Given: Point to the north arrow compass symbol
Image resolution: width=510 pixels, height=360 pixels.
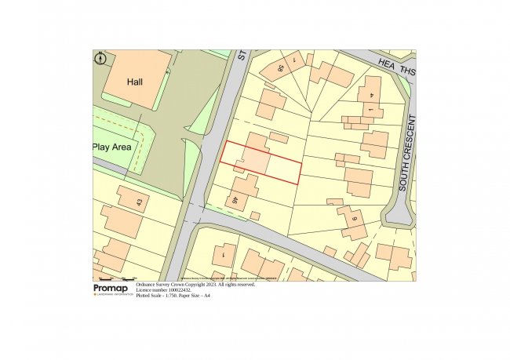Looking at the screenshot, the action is [x=100, y=58].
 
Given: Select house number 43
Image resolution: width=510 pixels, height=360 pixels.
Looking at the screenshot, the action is [x=140, y=204].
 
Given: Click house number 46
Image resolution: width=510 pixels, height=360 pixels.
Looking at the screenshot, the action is [x=234, y=201].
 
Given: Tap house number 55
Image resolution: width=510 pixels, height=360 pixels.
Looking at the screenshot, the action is [x=282, y=68].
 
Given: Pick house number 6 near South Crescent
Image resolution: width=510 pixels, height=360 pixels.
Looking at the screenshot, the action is [x=355, y=220].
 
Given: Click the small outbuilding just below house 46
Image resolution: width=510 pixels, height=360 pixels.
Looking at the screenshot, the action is [x=255, y=216].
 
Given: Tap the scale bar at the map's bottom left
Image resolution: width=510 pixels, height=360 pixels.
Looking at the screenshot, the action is [x=115, y=278].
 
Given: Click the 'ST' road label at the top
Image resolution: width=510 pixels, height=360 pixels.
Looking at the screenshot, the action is [x=242, y=56].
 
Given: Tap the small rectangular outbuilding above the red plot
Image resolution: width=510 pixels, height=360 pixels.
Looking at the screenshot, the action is [x=279, y=137].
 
